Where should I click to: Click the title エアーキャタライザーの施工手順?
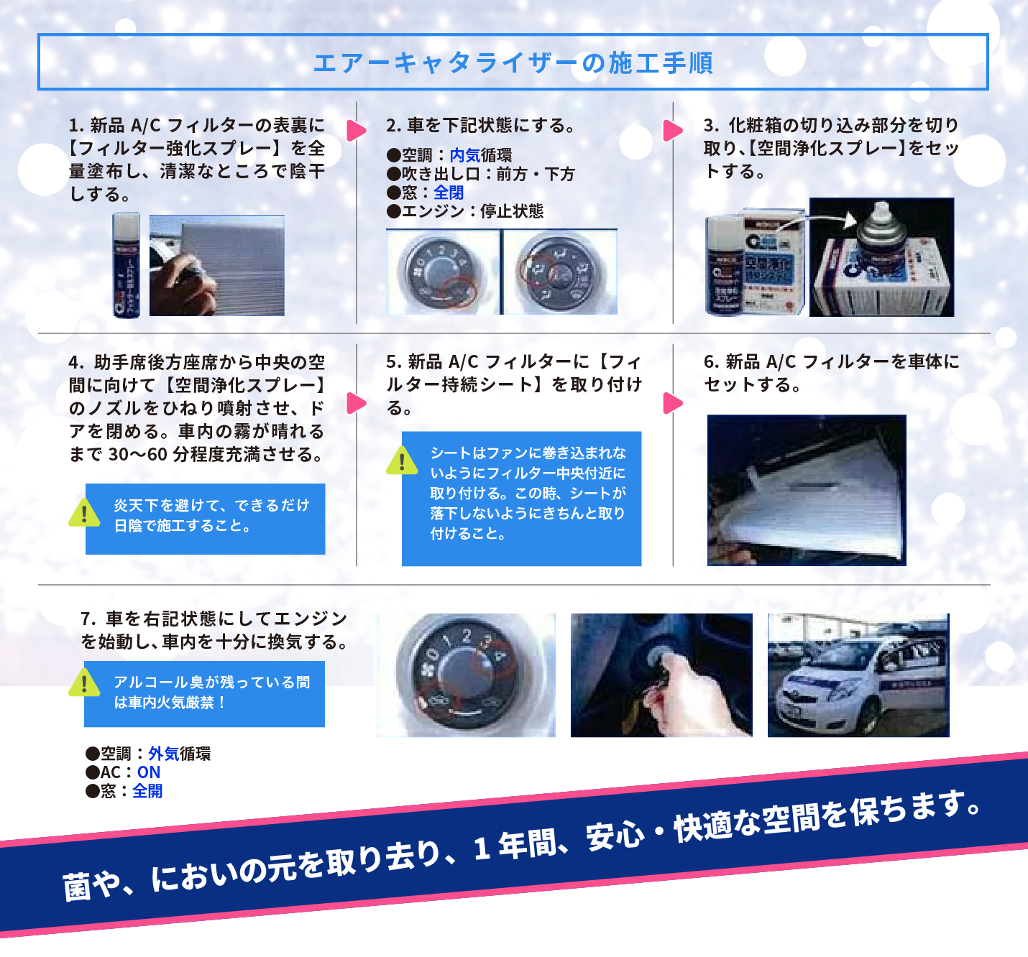(x=513, y=63)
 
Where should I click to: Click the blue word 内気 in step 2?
(x=464, y=155)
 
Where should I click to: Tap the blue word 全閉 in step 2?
(x=449, y=193)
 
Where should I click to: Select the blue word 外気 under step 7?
(x=163, y=754)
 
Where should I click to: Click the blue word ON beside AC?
(x=149, y=772)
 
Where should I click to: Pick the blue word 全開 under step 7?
(x=147, y=791)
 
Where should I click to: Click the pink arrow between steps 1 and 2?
(x=356, y=130)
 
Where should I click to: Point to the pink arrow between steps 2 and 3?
(x=672, y=130)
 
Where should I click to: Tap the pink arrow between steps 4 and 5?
(x=356, y=403)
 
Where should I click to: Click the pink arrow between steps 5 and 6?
(x=672, y=403)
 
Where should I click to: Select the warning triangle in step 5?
(x=402, y=461)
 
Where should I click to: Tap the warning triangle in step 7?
(x=84, y=683)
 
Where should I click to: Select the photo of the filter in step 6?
(x=806, y=490)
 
